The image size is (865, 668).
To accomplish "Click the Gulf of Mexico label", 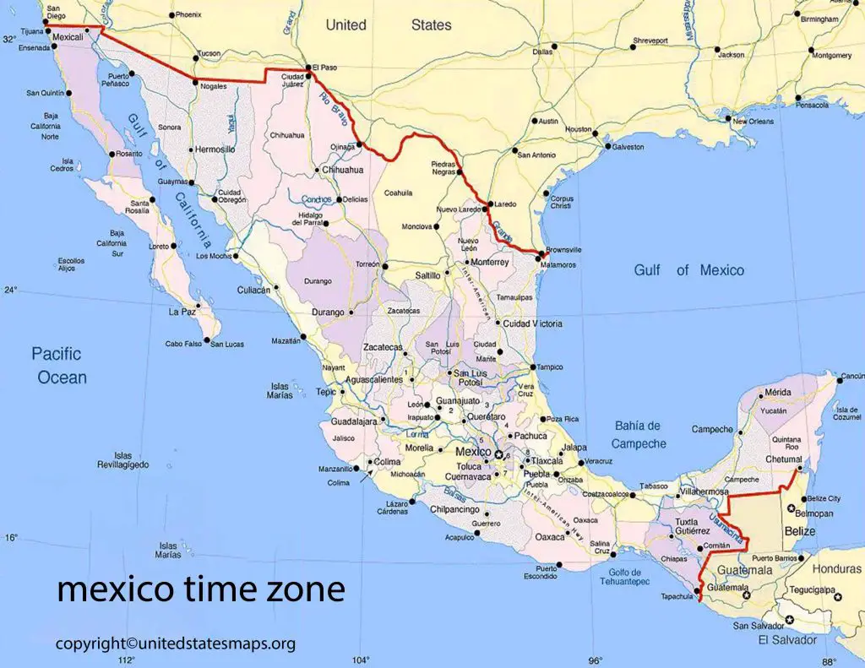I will coord(689,270).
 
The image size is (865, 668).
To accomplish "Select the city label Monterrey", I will coord(489,263).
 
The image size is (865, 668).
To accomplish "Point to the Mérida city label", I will coord(776,393).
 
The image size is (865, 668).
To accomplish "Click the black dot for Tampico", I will coord(534,367).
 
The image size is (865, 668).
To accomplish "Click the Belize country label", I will coord(800,531).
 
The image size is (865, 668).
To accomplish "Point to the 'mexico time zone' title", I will coord(201,589).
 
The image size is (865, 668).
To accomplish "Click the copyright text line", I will coord(176,644).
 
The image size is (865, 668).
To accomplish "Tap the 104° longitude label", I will coord(361,660).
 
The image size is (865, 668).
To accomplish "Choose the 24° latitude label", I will coord(10,290).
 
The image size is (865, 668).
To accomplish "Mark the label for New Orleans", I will coord(753,122).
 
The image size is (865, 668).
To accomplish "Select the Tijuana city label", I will coord(31,31).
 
